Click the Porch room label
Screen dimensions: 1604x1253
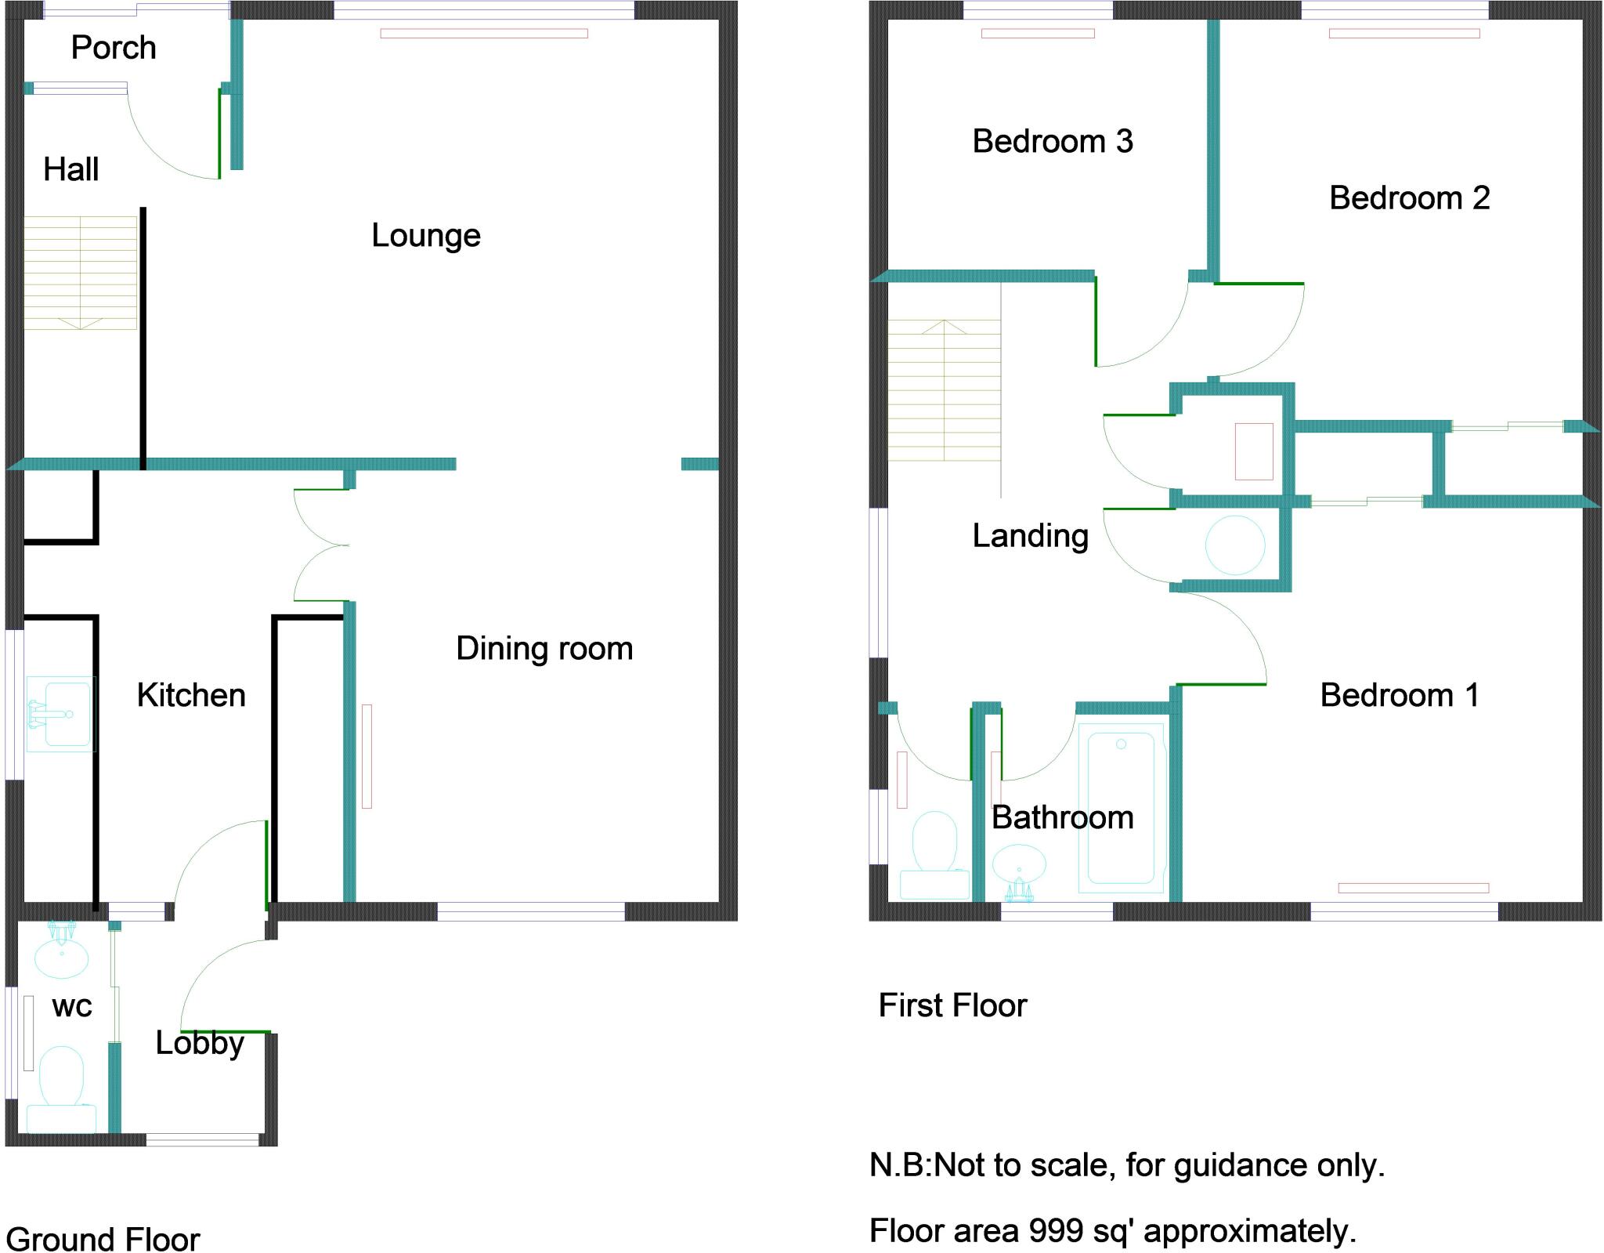[x=114, y=49]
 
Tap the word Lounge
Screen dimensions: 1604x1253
[x=425, y=236]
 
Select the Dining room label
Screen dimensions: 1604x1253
[x=544, y=649]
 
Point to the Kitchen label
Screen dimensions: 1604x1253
[x=191, y=695]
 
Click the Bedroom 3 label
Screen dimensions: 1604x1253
[x=1053, y=142]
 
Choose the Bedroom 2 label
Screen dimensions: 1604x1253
[x=1409, y=198]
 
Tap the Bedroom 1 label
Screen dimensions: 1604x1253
[x=1400, y=695]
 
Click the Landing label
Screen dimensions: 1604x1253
[x=1030, y=536]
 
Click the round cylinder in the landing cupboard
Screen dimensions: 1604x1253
[x=1234, y=545]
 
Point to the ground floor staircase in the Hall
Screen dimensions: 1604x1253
[x=81, y=272]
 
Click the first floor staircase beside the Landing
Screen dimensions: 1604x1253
[x=945, y=390]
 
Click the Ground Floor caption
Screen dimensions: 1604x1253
[x=103, y=1240]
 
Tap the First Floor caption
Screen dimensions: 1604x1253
[x=952, y=1005]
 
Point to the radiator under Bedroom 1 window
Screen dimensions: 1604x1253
[x=1413, y=888]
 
